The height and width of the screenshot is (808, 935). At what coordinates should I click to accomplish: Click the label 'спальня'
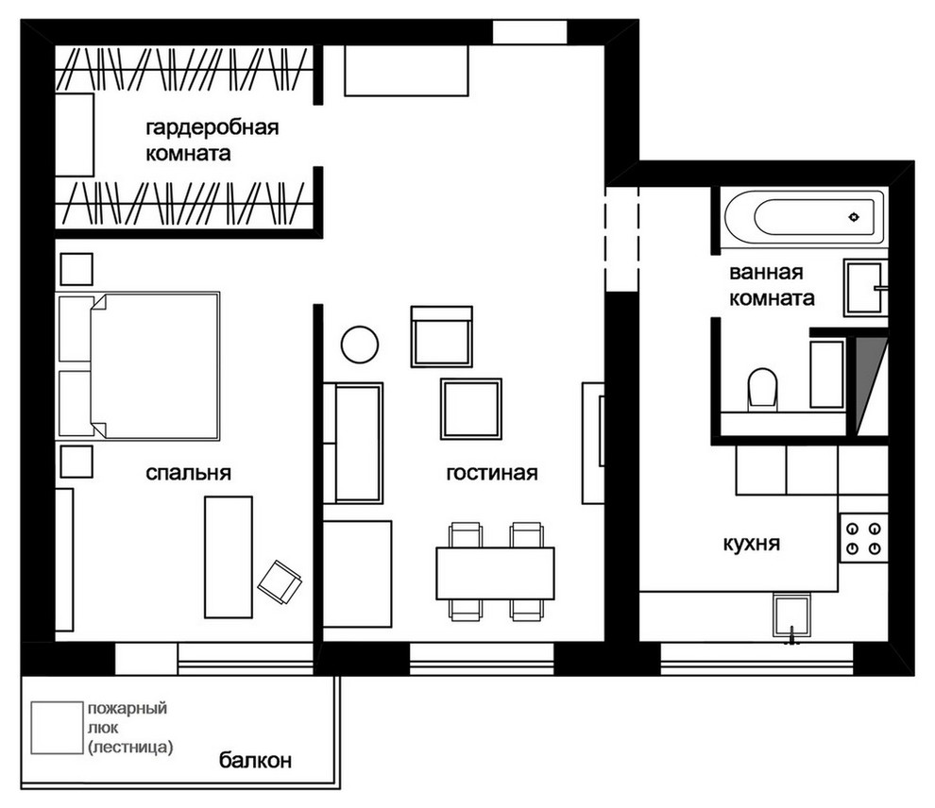click(x=189, y=473)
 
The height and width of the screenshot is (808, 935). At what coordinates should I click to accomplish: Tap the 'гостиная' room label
click(x=492, y=473)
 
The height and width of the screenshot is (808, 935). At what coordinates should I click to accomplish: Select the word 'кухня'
click(x=752, y=544)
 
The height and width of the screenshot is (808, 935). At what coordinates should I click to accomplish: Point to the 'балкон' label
click(x=255, y=760)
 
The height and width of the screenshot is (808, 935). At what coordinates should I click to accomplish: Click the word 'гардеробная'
click(x=212, y=127)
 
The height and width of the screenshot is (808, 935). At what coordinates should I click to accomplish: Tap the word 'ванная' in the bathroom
click(x=766, y=272)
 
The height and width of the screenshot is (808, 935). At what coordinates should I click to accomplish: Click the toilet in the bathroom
click(x=763, y=390)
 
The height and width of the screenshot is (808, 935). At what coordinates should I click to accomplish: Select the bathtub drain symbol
click(x=854, y=217)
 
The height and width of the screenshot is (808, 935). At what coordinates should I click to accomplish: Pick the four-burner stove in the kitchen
click(x=864, y=538)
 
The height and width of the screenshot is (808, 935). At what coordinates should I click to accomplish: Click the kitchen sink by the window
click(x=791, y=614)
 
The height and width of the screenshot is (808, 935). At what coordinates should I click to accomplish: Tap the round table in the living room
click(x=360, y=345)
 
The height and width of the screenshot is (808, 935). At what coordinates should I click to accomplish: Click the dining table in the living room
click(x=496, y=573)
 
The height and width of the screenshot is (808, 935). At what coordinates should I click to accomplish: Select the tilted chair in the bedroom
click(x=280, y=582)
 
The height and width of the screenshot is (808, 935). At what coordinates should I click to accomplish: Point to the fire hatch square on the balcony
click(x=58, y=728)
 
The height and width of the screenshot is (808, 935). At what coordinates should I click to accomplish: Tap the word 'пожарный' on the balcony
click(x=127, y=709)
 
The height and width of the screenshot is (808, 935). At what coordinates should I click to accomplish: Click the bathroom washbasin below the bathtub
click(x=865, y=287)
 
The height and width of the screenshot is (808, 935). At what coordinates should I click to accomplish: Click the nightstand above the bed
click(x=76, y=269)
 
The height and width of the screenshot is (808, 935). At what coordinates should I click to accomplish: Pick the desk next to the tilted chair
click(x=229, y=557)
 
